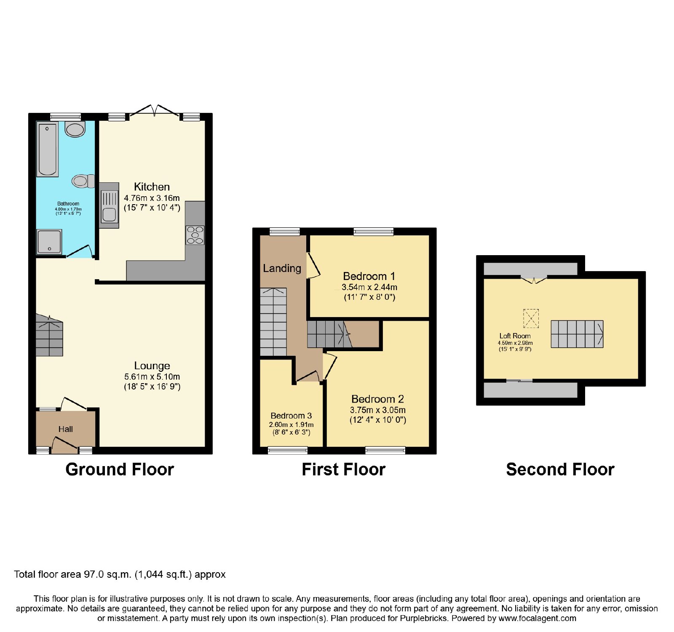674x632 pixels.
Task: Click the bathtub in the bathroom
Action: (x=47, y=149)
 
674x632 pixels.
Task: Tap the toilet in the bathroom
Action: (x=83, y=181)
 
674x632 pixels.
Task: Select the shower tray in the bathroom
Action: (x=49, y=242)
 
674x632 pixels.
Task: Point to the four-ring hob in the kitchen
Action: (x=195, y=235)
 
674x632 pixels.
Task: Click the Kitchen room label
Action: (x=152, y=187)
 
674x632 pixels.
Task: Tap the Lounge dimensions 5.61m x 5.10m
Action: (x=152, y=377)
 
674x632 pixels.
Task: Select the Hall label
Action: (x=65, y=429)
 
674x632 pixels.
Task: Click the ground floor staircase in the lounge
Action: (x=49, y=336)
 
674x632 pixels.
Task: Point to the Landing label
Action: (x=282, y=268)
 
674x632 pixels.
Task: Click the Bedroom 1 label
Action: (x=369, y=276)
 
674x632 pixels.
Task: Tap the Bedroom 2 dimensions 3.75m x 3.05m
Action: (x=378, y=410)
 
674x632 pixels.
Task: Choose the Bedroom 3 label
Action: (x=291, y=416)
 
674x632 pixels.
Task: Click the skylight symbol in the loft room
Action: (x=531, y=318)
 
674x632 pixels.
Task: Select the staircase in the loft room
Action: (x=577, y=334)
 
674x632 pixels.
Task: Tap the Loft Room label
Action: (x=515, y=336)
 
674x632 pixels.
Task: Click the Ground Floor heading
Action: (x=120, y=469)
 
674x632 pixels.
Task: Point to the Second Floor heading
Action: (x=560, y=469)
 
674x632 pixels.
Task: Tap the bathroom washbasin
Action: (x=75, y=129)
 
